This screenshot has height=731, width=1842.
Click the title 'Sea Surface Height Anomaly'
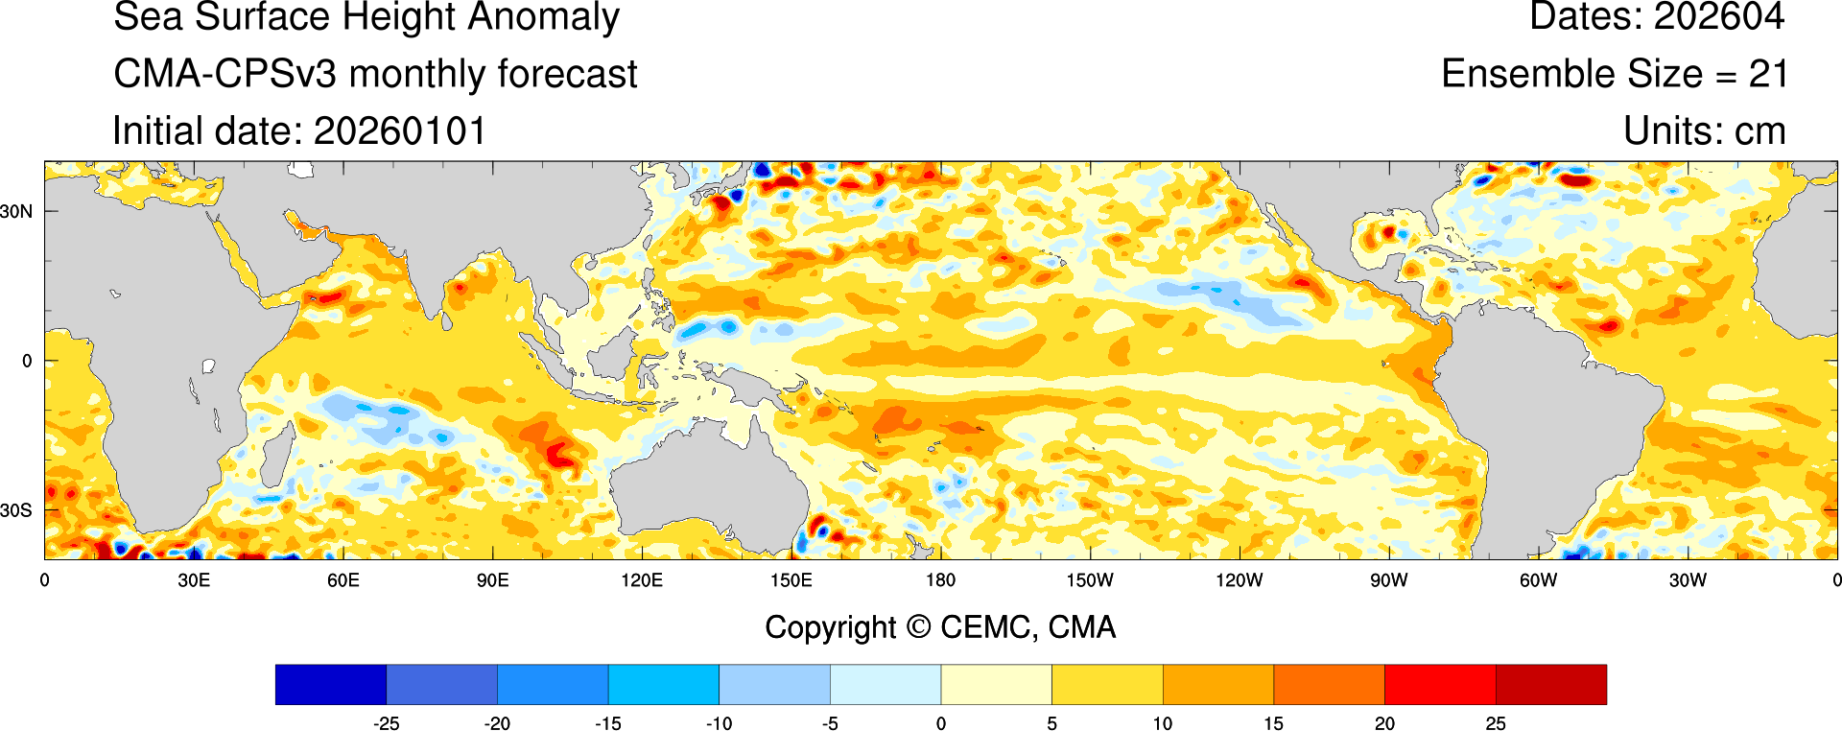(366, 17)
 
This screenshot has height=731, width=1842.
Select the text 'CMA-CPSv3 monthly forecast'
(375, 75)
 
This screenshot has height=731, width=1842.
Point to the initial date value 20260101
(400, 131)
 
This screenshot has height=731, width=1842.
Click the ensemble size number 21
(1768, 75)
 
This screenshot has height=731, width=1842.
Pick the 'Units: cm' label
(1704, 131)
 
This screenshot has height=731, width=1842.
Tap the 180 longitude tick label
(940, 580)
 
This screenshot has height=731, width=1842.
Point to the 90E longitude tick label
(492, 580)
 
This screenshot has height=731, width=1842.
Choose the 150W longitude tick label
(1090, 580)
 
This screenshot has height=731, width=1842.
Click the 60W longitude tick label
(1538, 580)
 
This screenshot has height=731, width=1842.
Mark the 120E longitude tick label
(642, 580)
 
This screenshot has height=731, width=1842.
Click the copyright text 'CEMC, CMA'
(1027, 627)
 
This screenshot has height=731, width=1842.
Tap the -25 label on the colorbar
(386, 723)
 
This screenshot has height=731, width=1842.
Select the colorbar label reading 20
(1384, 723)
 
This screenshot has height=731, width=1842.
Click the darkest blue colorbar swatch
(330, 684)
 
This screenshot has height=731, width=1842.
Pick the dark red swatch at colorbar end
(1550, 684)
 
